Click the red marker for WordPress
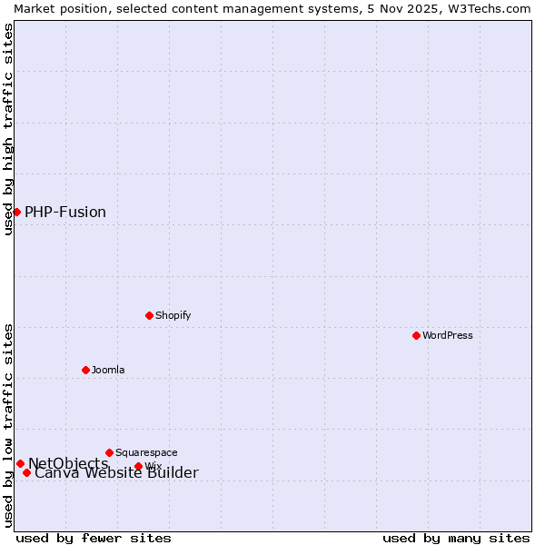(x=417, y=335)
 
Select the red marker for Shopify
(x=150, y=315)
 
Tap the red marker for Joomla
(x=86, y=370)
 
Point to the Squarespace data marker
(x=110, y=452)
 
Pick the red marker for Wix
(x=139, y=466)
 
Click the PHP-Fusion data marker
(x=16, y=212)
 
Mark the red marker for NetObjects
(x=20, y=463)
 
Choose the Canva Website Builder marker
(x=27, y=472)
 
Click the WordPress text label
(x=447, y=335)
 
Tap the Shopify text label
(x=173, y=315)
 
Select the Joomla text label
(x=108, y=370)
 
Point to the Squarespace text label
(x=146, y=452)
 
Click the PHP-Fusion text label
(x=65, y=213)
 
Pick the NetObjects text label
(x=68, y=463)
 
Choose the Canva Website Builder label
(x=116, y=473)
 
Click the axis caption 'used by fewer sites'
(x=94, y=538)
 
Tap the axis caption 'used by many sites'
(x=456, y=538)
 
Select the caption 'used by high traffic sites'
(x=8, y=129)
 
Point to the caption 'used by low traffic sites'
(x=8, y=425)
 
